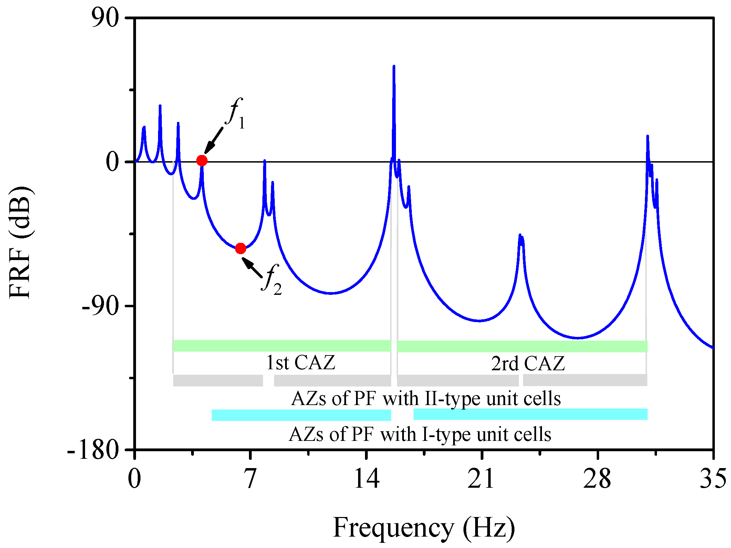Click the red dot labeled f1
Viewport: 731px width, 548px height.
coord(202,161)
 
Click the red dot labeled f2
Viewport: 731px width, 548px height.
coord(240,248)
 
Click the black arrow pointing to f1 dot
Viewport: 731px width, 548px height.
coord(214,140)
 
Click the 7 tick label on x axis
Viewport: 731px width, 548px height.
coord(250,479)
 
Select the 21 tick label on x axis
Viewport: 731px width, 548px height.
coord(481,479)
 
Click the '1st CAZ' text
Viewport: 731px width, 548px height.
coord(301,363)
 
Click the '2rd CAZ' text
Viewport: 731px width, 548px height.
coord(528,363)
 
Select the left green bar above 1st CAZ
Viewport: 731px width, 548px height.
coord(282,346)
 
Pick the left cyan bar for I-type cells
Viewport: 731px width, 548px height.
coord(301,415)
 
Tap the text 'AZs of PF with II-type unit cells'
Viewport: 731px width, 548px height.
coord(426,399)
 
